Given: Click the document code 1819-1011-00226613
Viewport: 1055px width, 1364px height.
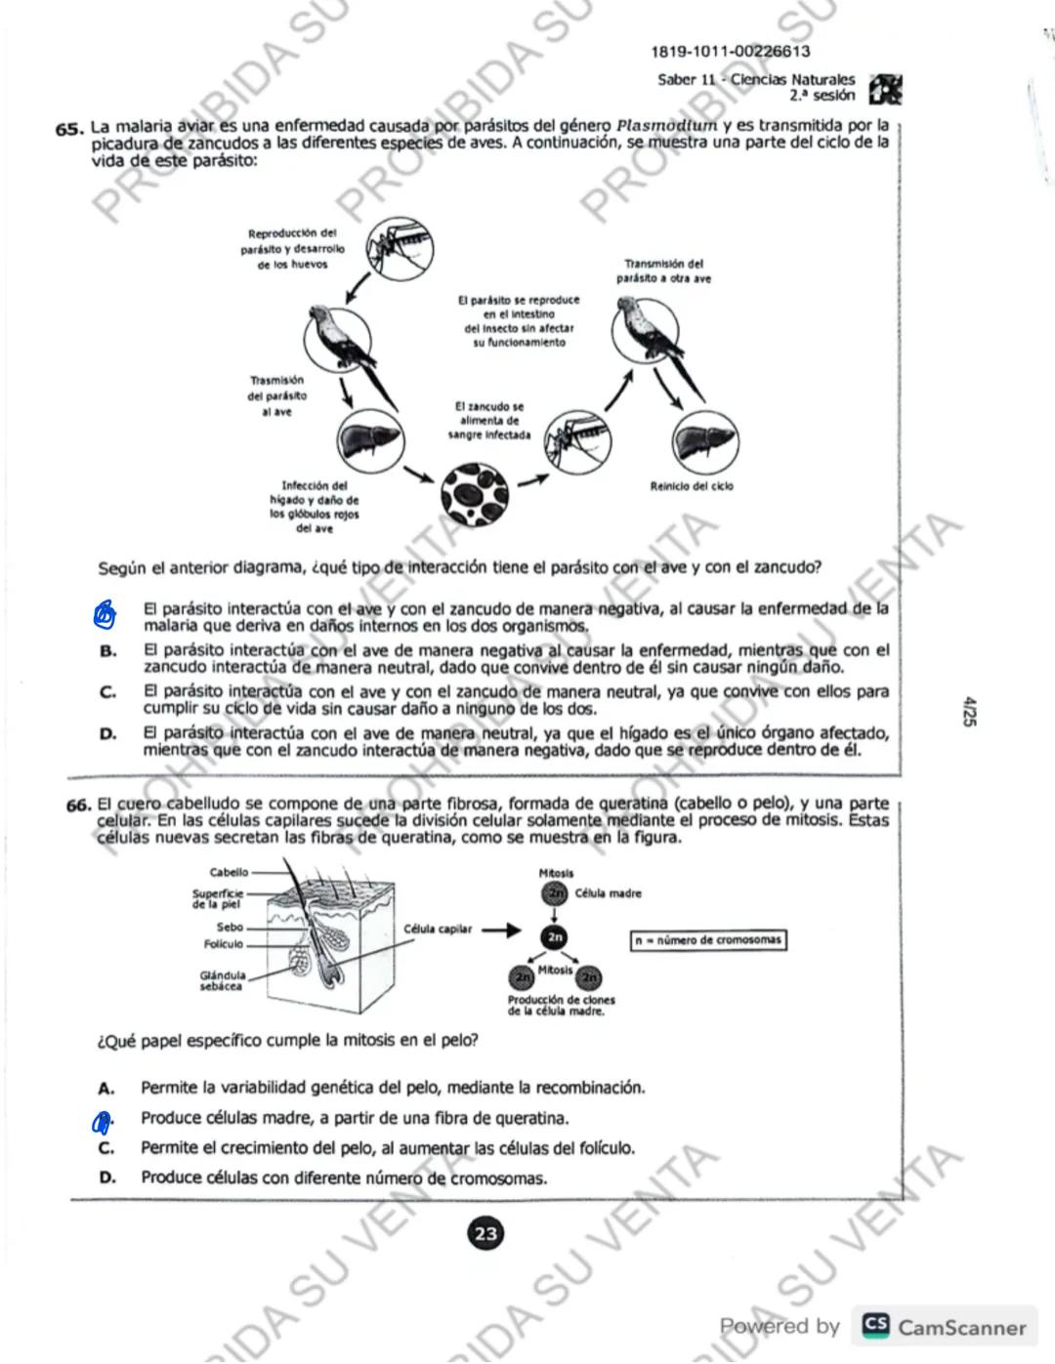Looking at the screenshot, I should click(730, 52).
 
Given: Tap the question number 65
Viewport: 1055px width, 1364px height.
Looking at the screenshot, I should click(68, 129).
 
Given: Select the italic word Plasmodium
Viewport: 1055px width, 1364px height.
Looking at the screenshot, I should click(667, 126).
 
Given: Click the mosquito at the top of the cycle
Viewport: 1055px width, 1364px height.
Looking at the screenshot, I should click(399, 248).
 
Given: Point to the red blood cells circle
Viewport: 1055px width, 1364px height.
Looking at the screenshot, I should click(475, 494).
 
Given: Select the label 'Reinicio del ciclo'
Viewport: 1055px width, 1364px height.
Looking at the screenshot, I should click(692, 486).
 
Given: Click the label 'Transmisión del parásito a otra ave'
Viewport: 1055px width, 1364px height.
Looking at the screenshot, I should click(663, 271).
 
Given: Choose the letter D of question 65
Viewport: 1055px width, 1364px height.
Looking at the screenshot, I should click(107, 733).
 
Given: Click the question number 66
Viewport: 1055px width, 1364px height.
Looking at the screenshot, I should click(78, 806).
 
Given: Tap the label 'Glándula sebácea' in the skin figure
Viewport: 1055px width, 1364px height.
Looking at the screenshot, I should click(223, 980).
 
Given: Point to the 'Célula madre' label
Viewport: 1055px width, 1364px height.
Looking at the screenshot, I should click(608, 893).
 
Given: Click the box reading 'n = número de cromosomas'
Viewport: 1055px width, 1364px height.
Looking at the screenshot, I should click(708, 940).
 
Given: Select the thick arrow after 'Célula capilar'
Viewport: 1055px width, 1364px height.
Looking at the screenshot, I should click(501, 930).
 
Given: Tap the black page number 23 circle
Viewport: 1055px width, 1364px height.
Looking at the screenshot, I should click(485, 1233).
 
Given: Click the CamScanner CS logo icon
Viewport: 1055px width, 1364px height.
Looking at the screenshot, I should click(875, 1326).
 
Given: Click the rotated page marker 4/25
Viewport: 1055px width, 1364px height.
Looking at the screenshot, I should click(969, 711).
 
